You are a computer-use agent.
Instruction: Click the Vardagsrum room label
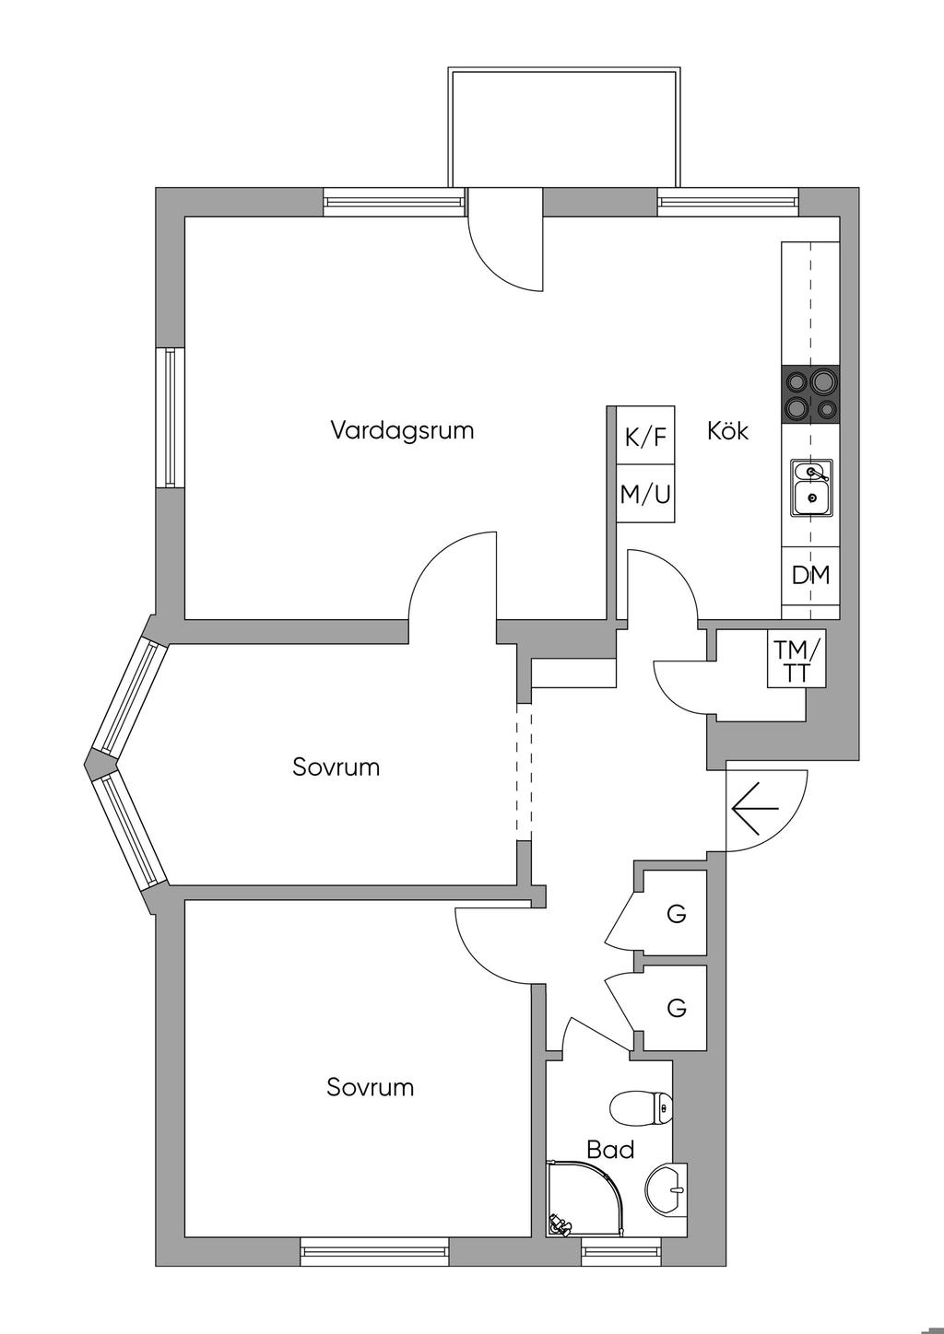click(402, 430)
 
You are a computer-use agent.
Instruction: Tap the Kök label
click(727, 430)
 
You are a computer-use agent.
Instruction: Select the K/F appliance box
click(645, 436)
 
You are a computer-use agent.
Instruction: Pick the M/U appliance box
click(645, 495)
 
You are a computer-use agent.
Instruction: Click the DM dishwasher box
click(810, 576)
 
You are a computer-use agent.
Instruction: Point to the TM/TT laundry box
click(796, 660)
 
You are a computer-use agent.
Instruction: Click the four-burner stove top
click(811, 394)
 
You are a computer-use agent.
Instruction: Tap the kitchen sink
click(811, 486)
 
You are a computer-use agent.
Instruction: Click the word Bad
click(610, 1150)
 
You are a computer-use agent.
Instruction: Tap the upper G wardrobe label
click(677, 915)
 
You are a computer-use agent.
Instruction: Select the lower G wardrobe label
click(677, 1008)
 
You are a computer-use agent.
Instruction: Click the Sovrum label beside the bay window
click(336, 766)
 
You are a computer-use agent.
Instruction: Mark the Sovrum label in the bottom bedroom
click(370, 1087)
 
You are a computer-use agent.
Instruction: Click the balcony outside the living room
click(564, 127)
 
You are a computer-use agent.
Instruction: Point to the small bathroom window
click(622, 1250)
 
